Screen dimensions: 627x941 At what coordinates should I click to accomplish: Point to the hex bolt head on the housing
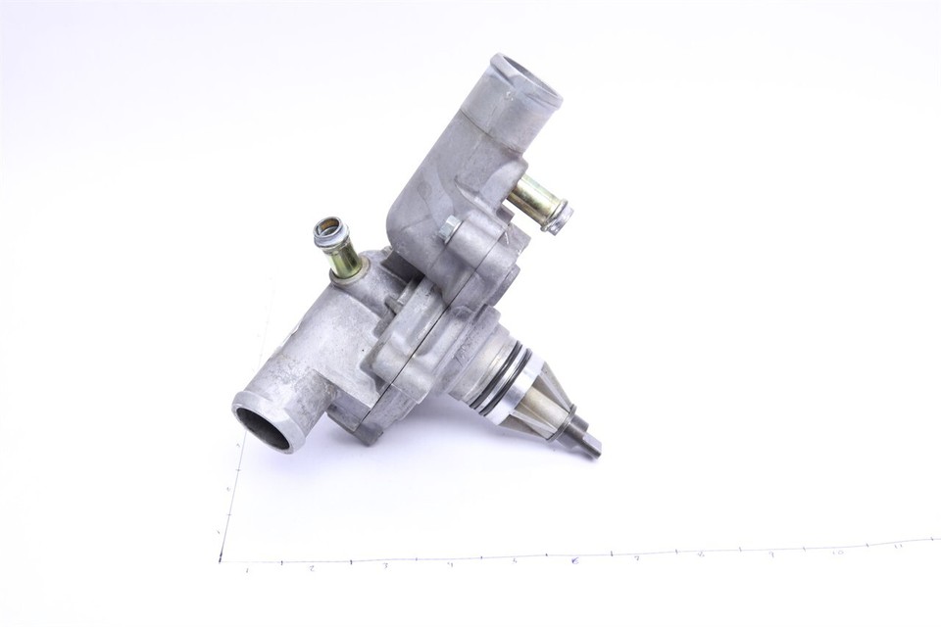(451, 231)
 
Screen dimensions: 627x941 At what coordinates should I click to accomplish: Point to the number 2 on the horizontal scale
(311, 567)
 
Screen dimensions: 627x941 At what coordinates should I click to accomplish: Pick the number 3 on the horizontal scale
(384, 565)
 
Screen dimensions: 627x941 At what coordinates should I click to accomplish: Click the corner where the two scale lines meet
(221, 561)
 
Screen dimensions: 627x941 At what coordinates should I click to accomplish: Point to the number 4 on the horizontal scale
(450, 563)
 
